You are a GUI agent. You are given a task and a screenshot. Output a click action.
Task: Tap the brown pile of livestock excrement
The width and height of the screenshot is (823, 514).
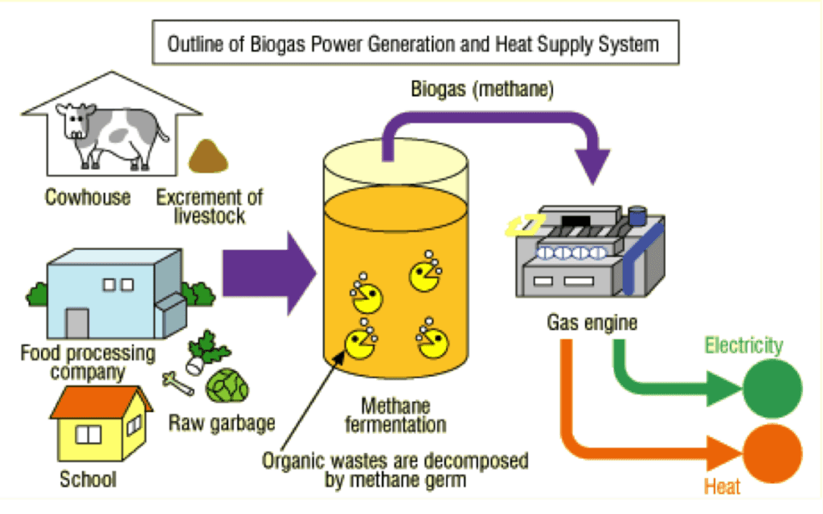coord(208,157)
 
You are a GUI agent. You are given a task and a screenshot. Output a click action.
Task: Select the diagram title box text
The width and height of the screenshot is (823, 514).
coord(412,43)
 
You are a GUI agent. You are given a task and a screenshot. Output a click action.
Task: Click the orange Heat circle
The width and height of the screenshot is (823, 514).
coord(772,451)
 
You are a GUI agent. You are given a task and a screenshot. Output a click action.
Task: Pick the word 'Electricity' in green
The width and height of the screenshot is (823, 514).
coord(743,346)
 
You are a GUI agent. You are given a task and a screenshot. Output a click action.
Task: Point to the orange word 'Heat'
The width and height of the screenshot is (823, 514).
coord(722,487)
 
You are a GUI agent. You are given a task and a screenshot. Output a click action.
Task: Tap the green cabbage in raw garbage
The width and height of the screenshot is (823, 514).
coord(227,385)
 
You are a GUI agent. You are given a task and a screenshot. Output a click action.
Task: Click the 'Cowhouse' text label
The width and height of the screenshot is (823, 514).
coord(88,197)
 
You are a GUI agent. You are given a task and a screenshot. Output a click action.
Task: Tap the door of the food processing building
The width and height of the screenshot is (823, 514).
coord(77,324)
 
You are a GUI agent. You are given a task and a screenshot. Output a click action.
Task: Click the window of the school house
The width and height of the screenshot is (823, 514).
coord(88,434)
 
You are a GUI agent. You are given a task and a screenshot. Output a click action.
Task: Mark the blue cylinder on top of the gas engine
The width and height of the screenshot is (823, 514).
coord(638,216)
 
